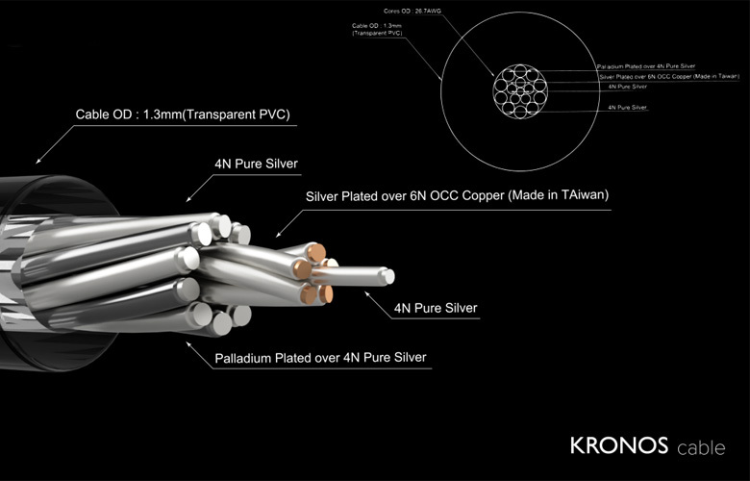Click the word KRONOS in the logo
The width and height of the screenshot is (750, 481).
tap(612, 446)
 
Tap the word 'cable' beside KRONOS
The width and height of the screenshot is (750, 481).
tap(701, 448)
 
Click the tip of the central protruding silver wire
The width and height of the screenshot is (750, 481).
tap(387, 276)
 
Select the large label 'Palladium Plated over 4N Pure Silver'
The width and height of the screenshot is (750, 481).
tap(321, 358)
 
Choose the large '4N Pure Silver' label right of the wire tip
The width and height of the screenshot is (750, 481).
tap(436, 309)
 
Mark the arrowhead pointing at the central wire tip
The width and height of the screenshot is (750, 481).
tap(367, 290)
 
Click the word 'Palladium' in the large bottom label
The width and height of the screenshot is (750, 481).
tap(244, 358)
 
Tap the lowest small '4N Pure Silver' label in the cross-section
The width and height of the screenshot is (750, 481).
tap(628, 108)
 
